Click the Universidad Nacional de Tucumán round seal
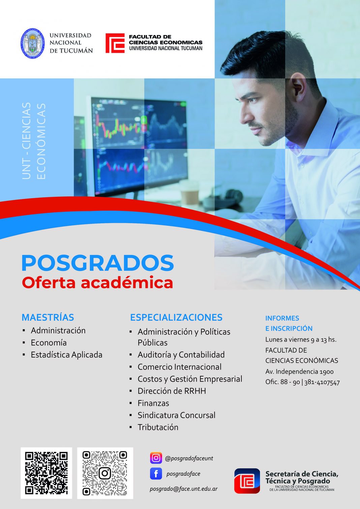pos(32,43)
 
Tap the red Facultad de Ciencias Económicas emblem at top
pos(115,43)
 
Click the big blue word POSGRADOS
pos(98,263)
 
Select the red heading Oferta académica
pos(97,283)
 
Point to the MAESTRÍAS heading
pos(48,317)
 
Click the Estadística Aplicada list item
pos(66,355)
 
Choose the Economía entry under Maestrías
pos(49,343)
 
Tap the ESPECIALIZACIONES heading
pos(176,317)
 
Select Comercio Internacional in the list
pos(179,367)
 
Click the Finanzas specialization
pos(153,403)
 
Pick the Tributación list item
pos(158,427)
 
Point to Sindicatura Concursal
pos(176,415)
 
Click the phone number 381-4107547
pos(322,382)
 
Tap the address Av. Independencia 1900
pos(299,372)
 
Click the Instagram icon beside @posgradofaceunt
pos(156,458)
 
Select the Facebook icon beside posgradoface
pos(156,474)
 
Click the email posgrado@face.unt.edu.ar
pos(184,489)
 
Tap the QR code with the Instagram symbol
pos(105,473)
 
